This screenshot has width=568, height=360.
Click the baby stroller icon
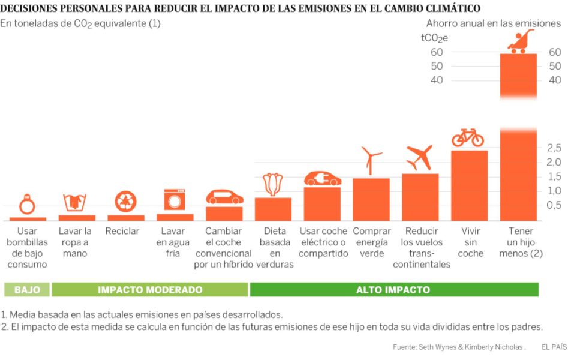click(x=519, y=41)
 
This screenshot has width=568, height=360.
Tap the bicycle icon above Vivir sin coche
click(x=468, y=137)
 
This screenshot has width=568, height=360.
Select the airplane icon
click(x=419, y=158)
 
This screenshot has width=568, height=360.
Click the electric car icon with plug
click(x=323, y=179)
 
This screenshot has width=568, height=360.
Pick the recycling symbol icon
click(x=126, y=202)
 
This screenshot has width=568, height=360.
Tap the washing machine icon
click(x=175, y=200)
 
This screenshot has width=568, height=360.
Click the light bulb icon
click(x=27, y=205)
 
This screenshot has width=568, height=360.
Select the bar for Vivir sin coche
click(x=469, y=185)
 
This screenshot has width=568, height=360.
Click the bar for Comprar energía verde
click(x=371, y=199)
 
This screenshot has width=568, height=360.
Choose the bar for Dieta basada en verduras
click(x=274, y=209)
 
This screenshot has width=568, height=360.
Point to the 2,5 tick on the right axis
click(x=554, y=148)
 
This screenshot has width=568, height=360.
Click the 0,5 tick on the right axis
click(x=554, y=205)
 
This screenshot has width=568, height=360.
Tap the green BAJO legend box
click(x=27, y=290)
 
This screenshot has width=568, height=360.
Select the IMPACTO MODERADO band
click(x=150, y=290)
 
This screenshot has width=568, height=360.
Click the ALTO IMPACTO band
click(x=393, y=290)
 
